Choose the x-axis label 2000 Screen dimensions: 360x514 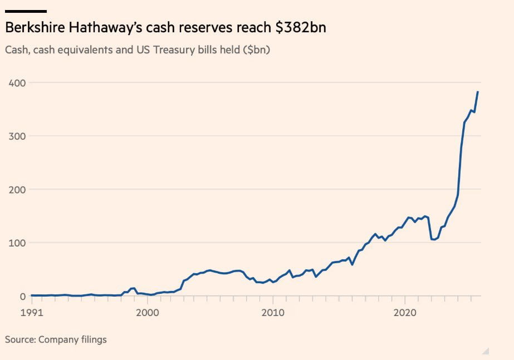[x=148, y=313]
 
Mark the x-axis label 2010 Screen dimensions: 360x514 [x=272, y=313]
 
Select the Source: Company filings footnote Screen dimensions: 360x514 [x=56, y=339]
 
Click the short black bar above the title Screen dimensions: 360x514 [x=26, y=11]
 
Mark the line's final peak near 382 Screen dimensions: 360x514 [x=478, y=92]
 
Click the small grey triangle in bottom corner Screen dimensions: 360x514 [x=486, y=351]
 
